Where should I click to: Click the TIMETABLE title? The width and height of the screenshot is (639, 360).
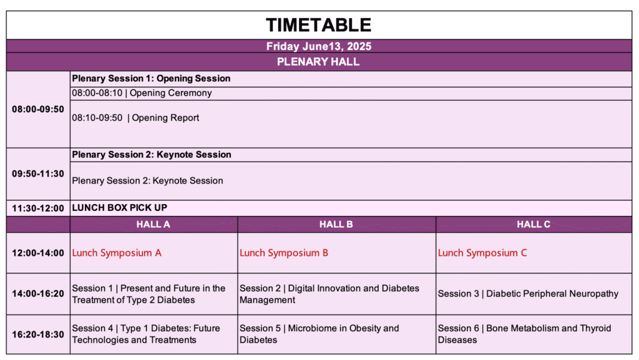tap(319, 25)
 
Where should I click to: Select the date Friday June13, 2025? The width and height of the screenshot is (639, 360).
tap(319, 46)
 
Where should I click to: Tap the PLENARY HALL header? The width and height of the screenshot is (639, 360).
tap(318, 62)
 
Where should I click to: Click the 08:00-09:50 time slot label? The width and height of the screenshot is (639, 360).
tap(38, 109)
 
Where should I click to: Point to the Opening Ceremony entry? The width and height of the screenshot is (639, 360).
tap(142, 93)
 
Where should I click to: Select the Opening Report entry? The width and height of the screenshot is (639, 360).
tap(135, 118)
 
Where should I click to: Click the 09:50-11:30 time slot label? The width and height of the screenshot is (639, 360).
tap(38, 174)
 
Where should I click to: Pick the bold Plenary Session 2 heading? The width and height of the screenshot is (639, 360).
tap(152, 155)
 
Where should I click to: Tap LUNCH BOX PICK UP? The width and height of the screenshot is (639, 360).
tap(119, 208)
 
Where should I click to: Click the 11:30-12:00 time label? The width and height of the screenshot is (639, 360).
tap(38, 208)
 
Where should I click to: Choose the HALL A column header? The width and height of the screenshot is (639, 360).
tap(154, 225)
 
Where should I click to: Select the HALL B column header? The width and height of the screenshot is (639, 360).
tap(336, 225)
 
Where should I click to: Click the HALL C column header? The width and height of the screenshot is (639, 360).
tap(534, 225)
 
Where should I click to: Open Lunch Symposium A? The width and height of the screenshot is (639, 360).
tap(117, 253)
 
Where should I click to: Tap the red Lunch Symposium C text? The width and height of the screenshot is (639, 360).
tap(482, 253)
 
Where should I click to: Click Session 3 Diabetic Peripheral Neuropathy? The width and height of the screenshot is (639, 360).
tap(528, 294)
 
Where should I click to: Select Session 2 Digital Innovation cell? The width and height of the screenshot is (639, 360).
tap(329, 294)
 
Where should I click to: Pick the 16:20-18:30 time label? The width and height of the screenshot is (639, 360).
tap(38, 335)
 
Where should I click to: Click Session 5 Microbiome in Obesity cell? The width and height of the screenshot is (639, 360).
tap(319, 334)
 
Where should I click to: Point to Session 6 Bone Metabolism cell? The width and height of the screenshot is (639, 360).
tap(524, 334)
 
